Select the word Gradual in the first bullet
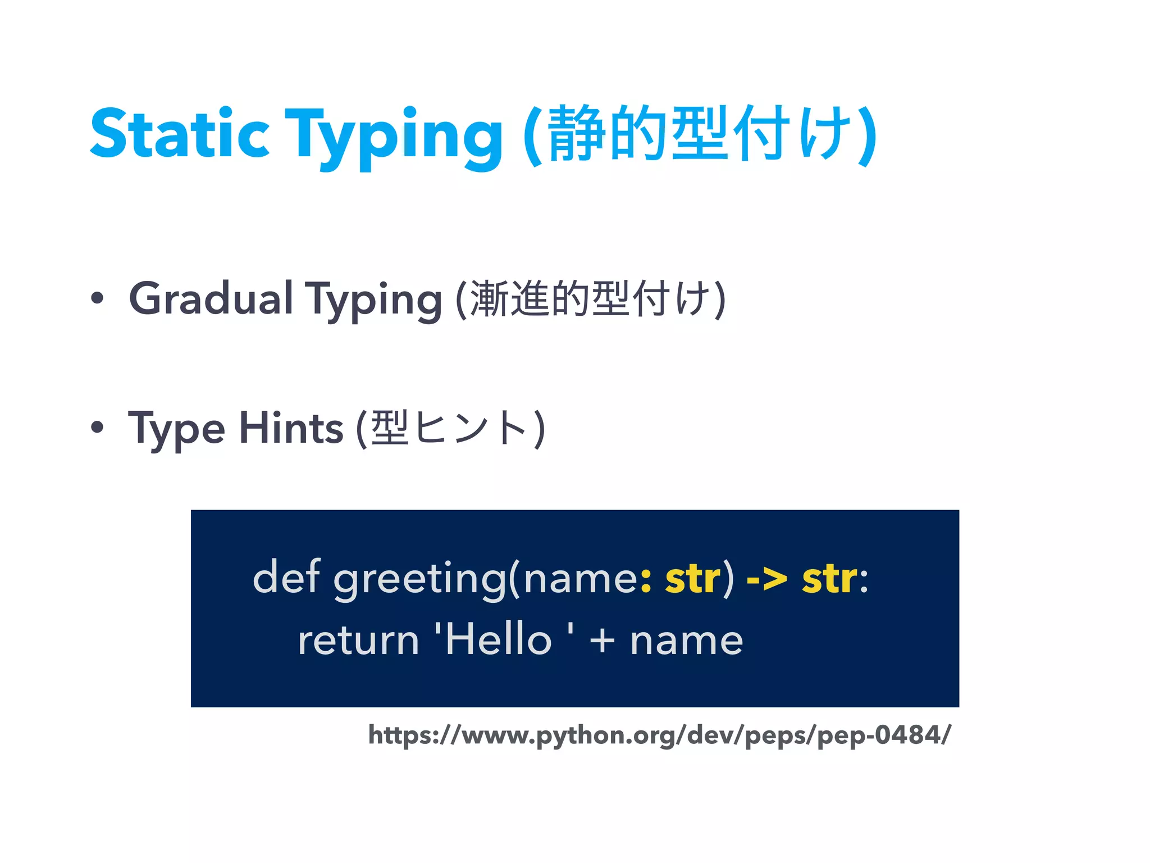click(211, 298)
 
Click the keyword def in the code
click(286, 577)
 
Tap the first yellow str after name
click(692, 579)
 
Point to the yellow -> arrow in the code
click(766, 579)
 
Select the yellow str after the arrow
click(829, 579)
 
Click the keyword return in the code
click(358, 641)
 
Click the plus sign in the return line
click(602, 641)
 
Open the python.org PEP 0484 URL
click(659, 735)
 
